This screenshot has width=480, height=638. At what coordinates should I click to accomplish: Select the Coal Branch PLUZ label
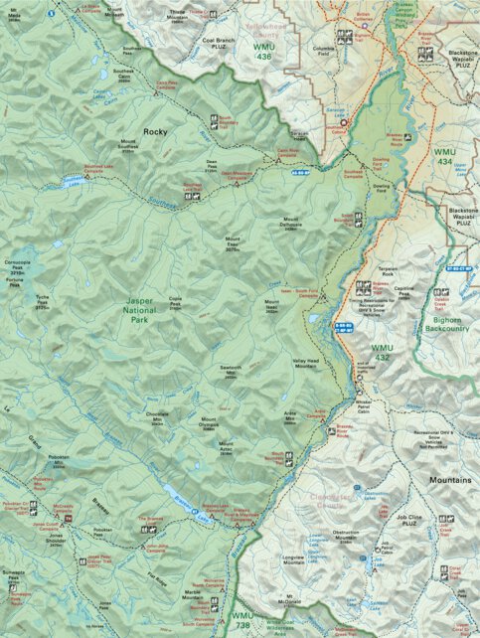(225, 45)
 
